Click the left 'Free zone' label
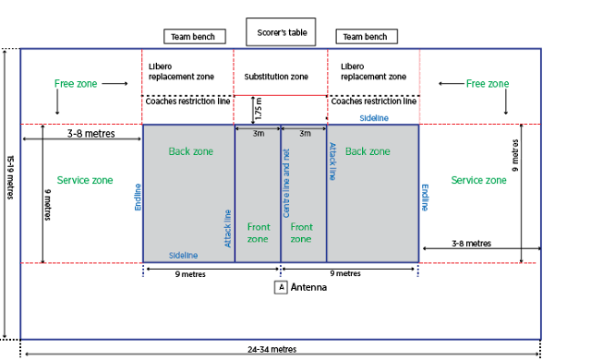(x=76, y=84)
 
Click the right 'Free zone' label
(x=488, y=84)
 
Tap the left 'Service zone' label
(x=85, y=180)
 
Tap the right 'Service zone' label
(x=478, y=180)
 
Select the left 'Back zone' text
(x=190, y=151)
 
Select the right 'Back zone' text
(x=368, y=151)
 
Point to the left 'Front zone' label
(x=258, y=233)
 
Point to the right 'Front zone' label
(x=301, y=233)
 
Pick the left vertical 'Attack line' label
(x=228, y=227)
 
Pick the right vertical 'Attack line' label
(x=332, y=161)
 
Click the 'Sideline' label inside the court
(x=183, y=255)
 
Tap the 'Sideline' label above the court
(x=373, y=118)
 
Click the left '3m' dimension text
(x=259, y=134)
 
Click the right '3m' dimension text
(x=305, y=134)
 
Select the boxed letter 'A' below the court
(x=282, y=287)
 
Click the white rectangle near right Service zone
(x=504, y=150)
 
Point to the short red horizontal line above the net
(x=280, y=94)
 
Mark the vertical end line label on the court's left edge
(x=139, y=197)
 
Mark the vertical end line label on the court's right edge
(x=425, y=197)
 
